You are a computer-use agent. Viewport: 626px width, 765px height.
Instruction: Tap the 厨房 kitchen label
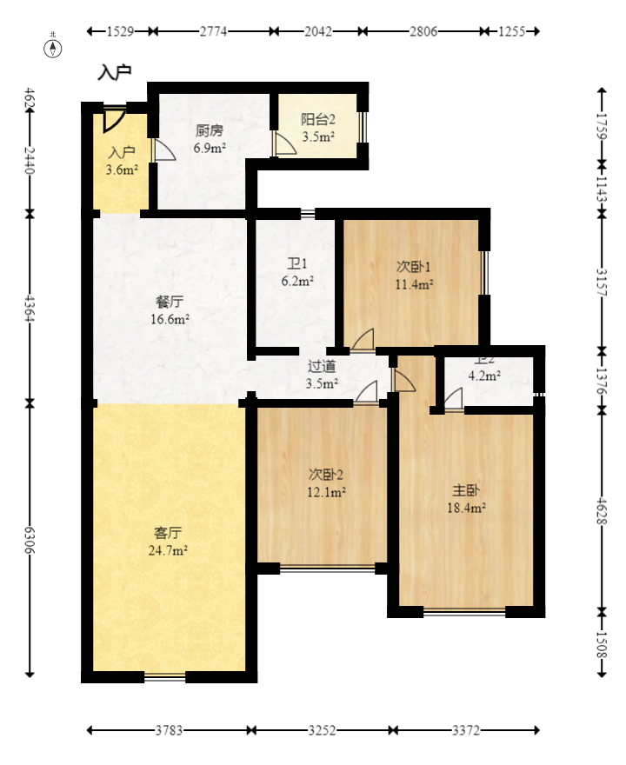coord(209,131)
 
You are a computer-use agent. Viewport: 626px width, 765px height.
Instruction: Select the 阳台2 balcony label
coord(318,120)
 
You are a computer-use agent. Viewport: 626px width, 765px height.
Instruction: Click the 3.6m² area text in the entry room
coord(122,170)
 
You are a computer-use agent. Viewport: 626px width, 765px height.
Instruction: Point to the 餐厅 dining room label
coord(170,303)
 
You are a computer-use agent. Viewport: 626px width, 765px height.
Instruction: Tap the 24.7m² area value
coord(170,550)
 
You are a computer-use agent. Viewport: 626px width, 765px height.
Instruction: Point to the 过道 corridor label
coord(322,366)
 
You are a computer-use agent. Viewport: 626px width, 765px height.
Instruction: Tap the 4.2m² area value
coord(484,376)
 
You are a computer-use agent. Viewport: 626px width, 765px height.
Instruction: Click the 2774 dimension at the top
coord(213,31)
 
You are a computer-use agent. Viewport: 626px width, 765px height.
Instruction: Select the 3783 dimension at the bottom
coord(169,731)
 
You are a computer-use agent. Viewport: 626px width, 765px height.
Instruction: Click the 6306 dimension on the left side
coord(30,539)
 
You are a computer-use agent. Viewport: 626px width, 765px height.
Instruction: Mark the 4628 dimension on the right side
coord(601,510)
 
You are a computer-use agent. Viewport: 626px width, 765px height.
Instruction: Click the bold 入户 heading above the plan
coord(114,72)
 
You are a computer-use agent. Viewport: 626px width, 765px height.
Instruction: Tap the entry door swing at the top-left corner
coord(114,117)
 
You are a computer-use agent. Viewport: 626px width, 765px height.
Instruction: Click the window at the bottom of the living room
coord(165,676)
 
